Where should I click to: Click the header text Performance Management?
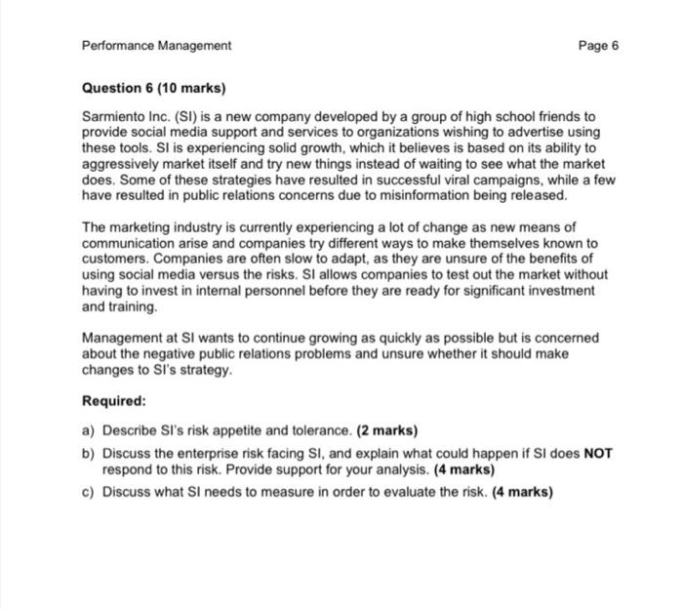156,46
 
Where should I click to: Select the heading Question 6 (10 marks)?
153,89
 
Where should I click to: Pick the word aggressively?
125,164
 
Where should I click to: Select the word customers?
115,259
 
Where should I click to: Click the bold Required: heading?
114,400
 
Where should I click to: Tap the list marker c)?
89,492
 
